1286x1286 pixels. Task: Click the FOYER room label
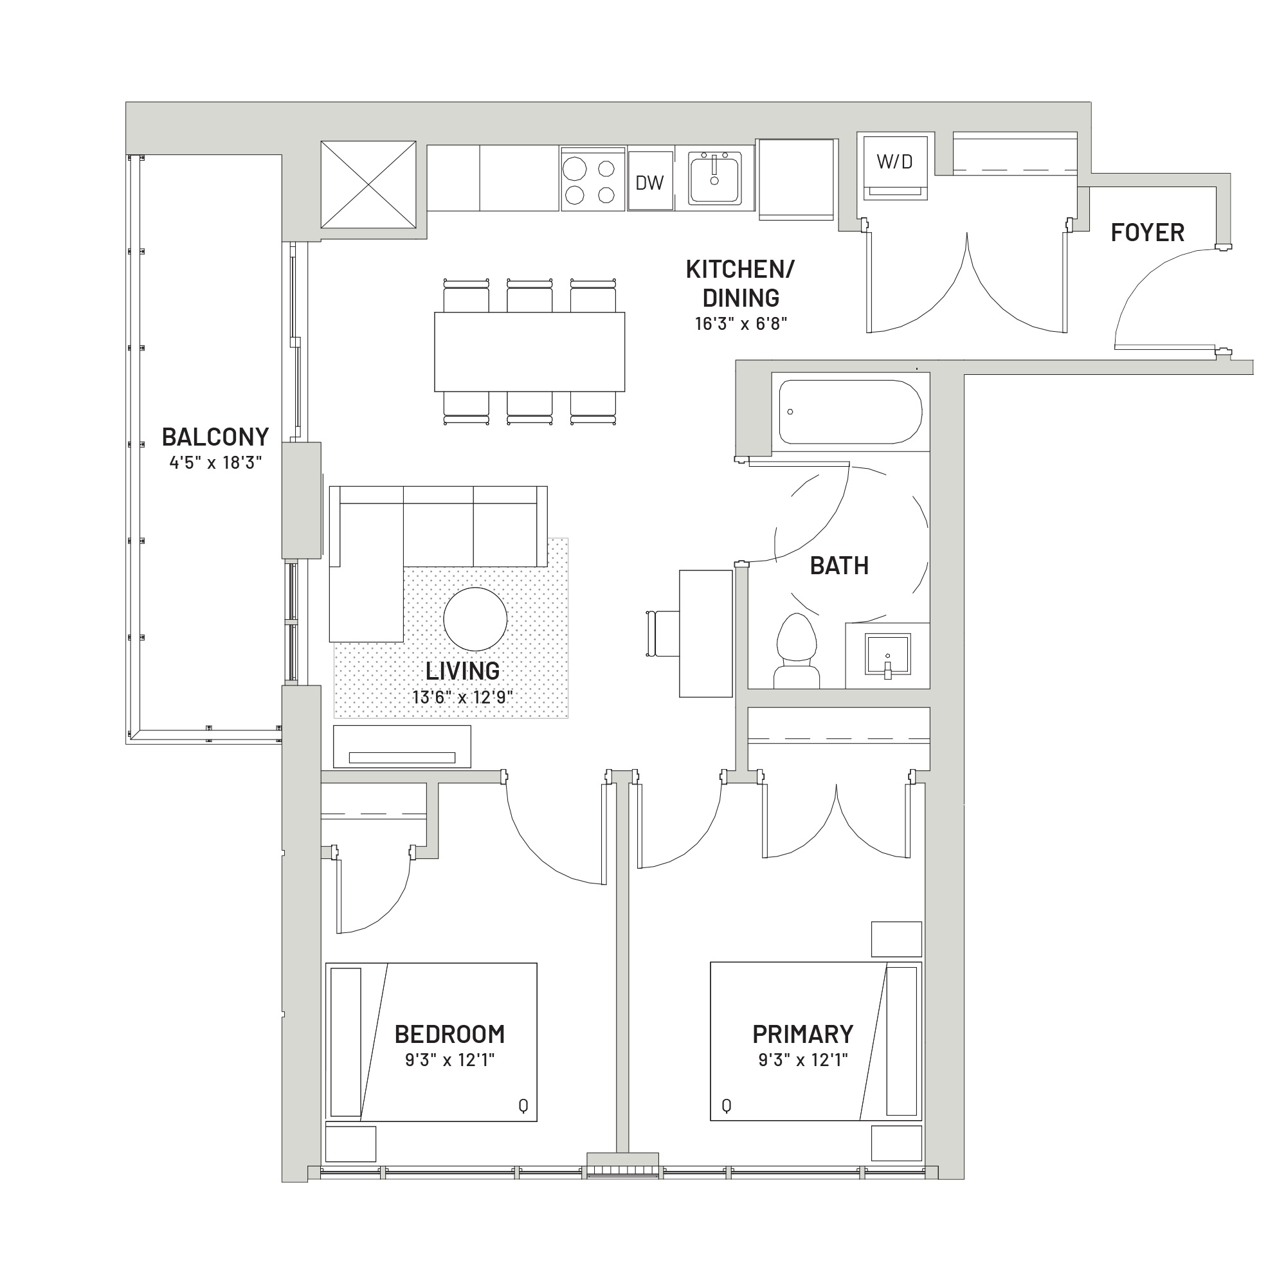click(x=1148, y=232)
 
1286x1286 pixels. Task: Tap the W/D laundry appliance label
click(x=894, y=161)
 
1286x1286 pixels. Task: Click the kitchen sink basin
click(x=715, y=177)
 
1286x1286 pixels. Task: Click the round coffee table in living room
click(x=475, y=619)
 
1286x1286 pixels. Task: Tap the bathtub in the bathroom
click(x=851, y=412)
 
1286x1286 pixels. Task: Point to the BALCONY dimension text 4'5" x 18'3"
click(x=215, y=462)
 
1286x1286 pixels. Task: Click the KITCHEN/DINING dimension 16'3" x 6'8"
click(x=741, y=324)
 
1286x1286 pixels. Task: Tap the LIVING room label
click(x=462, y=671)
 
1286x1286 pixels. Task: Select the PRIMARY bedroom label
click(x=802, y=1035)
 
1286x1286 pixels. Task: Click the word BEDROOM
click(x=450, y=1035)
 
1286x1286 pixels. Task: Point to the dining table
click(x=530, y=352)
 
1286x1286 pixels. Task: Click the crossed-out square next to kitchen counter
click(x=368, y=185)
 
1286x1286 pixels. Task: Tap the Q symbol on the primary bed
click(x=726, y=1106)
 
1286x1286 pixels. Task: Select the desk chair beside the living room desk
click(x=663, y=634)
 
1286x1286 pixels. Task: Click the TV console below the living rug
click(x=402, y=747)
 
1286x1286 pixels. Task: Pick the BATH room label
click(x=839, y=566)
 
